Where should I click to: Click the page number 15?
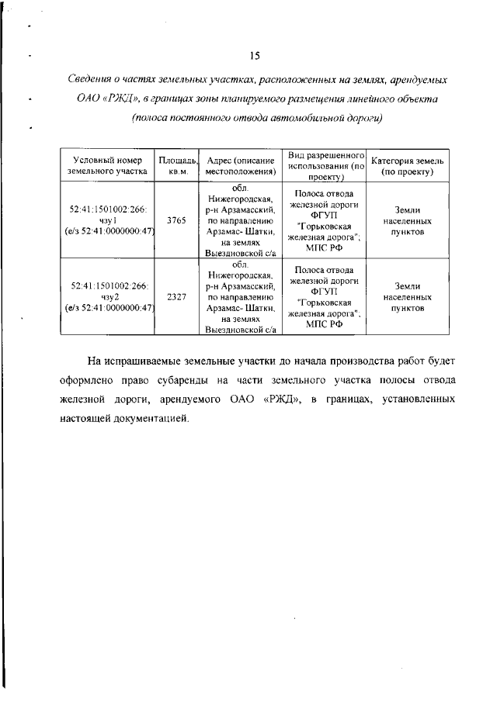(x=254, y=56)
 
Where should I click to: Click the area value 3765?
(x=176, y=220)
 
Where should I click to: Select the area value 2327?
(x=176, y=297)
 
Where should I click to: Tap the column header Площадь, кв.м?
(x=176, y=165)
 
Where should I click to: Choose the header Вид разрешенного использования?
(x=325, y=165)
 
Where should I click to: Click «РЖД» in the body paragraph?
(x=280, y=399)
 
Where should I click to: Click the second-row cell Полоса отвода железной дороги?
(x=325, y=297)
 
